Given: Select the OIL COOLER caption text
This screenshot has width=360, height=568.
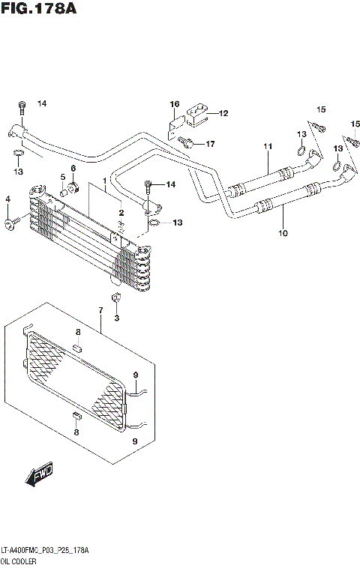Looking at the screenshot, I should [20, 561].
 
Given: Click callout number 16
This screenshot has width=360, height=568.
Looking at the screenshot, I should [174, 103].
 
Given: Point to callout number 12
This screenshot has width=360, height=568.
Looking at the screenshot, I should [223, 114].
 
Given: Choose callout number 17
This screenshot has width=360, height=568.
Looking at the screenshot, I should [210, 143].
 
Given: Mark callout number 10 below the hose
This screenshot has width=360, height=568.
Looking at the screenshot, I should [283, 232].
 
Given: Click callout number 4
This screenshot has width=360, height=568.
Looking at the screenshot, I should [8, 199].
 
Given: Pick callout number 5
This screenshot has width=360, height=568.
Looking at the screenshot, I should [64, 178].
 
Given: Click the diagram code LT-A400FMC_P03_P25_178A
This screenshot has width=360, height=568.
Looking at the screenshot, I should [45, 550].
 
